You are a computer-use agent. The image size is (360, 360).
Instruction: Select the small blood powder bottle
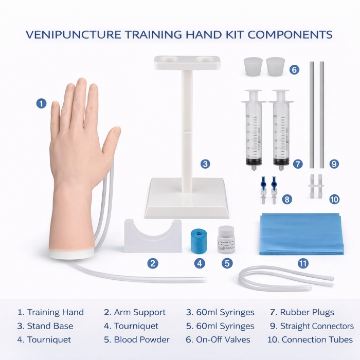click(x=226, y=240)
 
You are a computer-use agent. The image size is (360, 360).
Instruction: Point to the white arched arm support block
click(x=152, y=236)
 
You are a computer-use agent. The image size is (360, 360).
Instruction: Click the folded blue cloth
click(x=301, y=234)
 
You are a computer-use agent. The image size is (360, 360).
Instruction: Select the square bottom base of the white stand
click(x=187, y=197)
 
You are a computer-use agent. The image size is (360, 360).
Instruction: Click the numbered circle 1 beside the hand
click(x=42, y=103)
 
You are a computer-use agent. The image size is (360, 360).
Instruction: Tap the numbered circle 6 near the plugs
click(x=294, y=69)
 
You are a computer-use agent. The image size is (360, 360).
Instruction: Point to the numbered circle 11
click(x=303, y=263)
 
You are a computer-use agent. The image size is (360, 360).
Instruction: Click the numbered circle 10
click(x=334, y=199)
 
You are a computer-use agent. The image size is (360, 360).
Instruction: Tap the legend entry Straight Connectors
click(x=317, y=326)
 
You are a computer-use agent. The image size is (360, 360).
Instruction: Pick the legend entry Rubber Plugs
click(x=307, y=312)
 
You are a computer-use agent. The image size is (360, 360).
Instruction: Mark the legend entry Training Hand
click(x=55, y=312)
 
